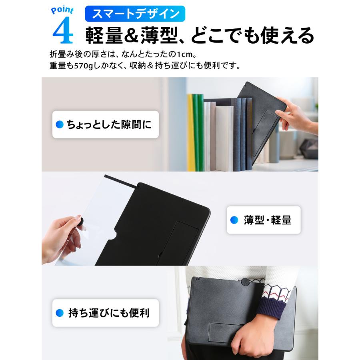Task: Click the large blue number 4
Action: pos(63,32)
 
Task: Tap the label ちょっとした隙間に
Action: pos(109,125)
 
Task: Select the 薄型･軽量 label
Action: pos(267,220)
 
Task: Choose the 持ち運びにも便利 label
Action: pos(108,312)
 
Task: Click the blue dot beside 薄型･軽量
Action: pos(234,220)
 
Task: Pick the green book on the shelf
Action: pos(198,132)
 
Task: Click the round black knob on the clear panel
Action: pos(80,221)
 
